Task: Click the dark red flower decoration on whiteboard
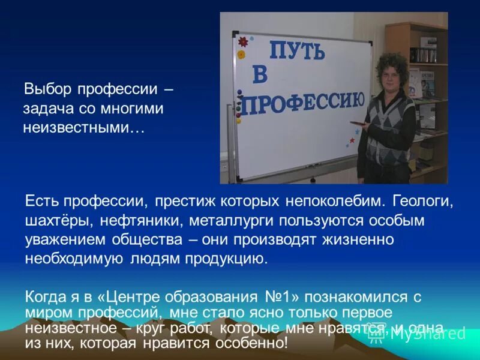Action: pos(244,42)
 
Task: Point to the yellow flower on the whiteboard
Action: pos(241,54)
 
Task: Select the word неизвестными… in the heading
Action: pos(84,128)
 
